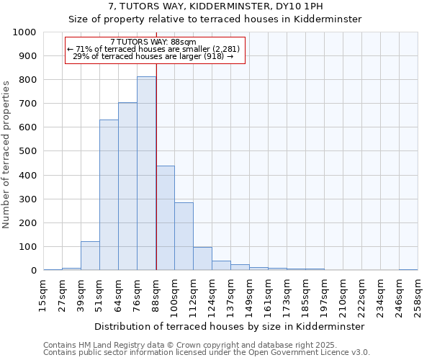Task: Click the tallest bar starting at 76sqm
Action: tap(146, 174)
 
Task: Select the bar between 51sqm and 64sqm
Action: tap(109, 195)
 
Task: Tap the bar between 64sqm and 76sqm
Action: tap(127, 186)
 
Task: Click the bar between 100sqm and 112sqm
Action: tap(184, 237)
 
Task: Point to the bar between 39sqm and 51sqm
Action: tap(90, 256)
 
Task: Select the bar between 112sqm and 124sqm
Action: tap(202, 259)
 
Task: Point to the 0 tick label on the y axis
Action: tap(34, 271)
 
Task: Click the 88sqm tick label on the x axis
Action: tap(156, 291)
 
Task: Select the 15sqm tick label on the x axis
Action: tap(43, 291)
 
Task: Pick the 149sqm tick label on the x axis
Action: tap(249, 294)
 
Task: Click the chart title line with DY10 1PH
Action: tap(216, 6)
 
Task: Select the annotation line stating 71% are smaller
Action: tap(155, 49)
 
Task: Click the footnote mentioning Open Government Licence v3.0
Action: tap(207, 353)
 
